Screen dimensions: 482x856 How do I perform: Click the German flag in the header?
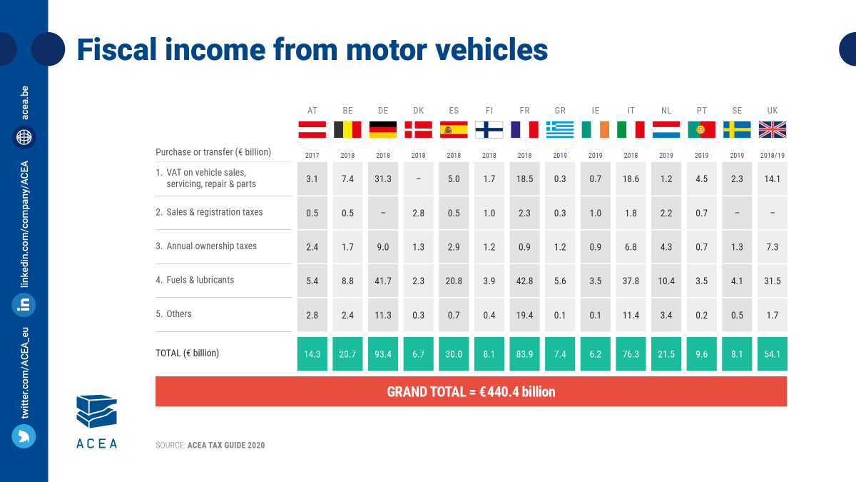[383, 129]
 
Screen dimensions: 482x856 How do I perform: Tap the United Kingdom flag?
[773, 129]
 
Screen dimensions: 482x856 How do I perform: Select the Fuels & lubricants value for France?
[524, 281]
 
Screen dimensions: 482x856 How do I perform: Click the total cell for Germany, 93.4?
[383, 353]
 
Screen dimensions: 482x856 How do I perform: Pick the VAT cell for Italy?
[631, 179]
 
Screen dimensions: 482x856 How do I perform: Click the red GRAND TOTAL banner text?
[471, 391]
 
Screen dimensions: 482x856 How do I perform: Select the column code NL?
[666, 111]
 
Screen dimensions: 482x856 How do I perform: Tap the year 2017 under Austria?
[312, 155]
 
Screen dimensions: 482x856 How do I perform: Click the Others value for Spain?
[454, 315]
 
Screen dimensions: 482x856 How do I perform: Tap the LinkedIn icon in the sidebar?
[24, 305]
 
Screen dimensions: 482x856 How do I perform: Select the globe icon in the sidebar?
[24, 137]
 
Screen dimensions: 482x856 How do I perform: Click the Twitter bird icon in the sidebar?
[24, 436]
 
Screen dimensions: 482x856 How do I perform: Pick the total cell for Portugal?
[702, 353]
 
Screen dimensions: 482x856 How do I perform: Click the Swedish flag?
[737, 129]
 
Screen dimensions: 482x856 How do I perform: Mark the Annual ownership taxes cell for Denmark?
[418, 247]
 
